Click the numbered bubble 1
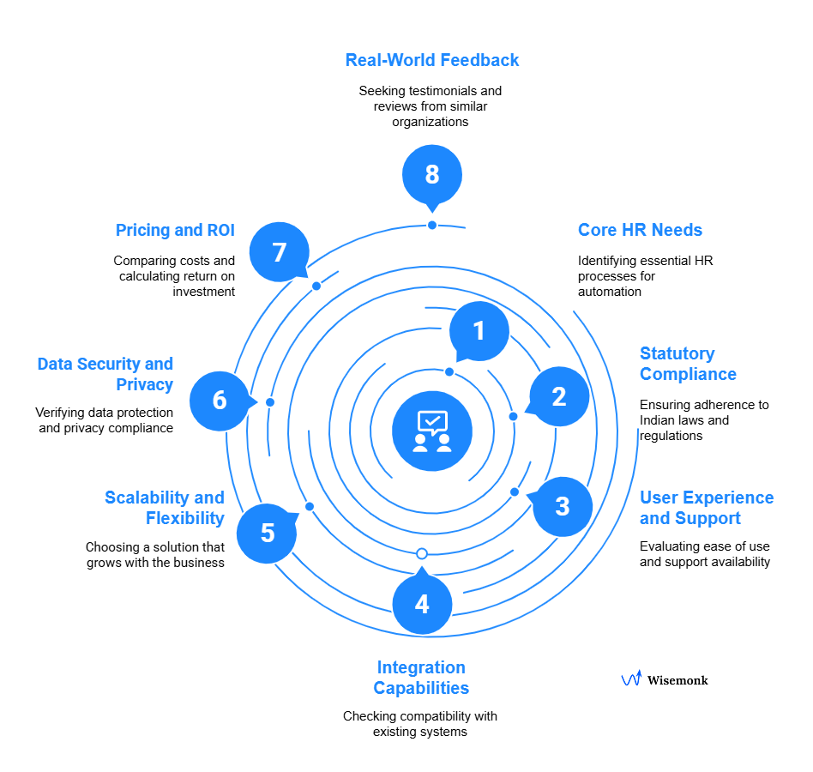[x=479, y=331]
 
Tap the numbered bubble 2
[x=559, y=397]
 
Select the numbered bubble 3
[x=563, y=506]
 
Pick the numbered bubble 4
[x=422, y=605]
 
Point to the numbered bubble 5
[x=268, y=534]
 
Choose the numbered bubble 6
[x=220, y=401]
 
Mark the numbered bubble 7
[x=279, y=253]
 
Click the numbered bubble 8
[x=432, y=175]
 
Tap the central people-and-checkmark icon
[x=432, y=431]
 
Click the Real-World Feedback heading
[x=432, y=60]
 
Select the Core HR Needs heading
[x=640, y=230]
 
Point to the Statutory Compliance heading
[x=688, y=364]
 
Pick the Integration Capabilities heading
[x=421, y=678]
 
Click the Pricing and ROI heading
[x=175, y=230]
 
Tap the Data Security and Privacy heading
[x=105, y=374]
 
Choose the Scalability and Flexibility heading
[x=164, y=508]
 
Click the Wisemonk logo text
[x=677, y=680]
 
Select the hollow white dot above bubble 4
[x=421, y=553]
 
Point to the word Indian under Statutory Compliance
[x=657, y=420]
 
